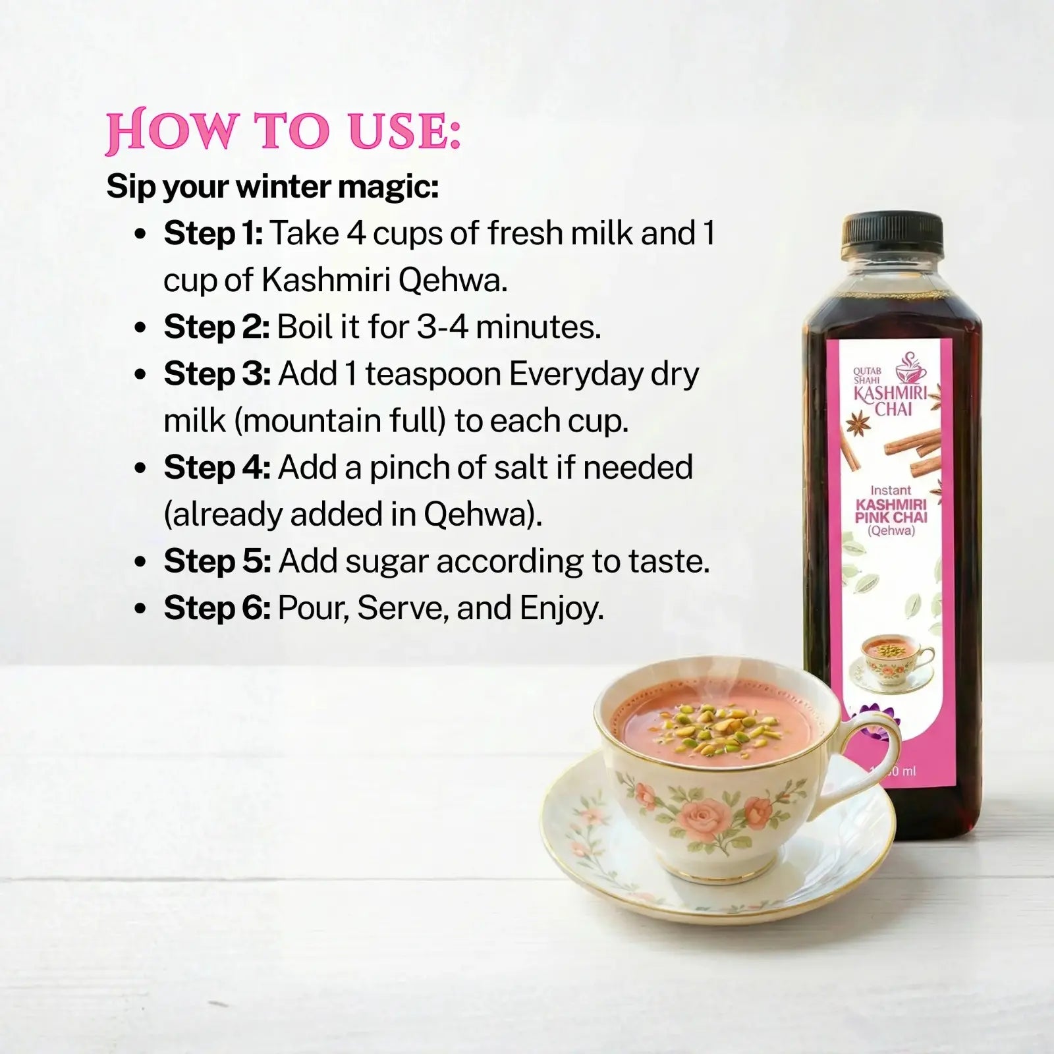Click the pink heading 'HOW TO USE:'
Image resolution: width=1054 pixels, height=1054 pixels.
tap(283, 132)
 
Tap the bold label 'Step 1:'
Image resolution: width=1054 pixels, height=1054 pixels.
tap(213, 233)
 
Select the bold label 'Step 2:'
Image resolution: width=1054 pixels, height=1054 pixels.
tap(216, 327)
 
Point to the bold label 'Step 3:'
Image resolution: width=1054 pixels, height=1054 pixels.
tap(217, 374)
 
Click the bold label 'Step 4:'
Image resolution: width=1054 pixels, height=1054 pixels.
tap(217, 468)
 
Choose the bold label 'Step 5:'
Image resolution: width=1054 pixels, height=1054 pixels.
tap(217, 561)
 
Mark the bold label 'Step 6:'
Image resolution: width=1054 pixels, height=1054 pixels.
tap(217, 608)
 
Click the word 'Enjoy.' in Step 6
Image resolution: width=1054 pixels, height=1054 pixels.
tap(561, 608)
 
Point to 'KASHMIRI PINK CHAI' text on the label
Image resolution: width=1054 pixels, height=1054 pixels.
tap(891, 511)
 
